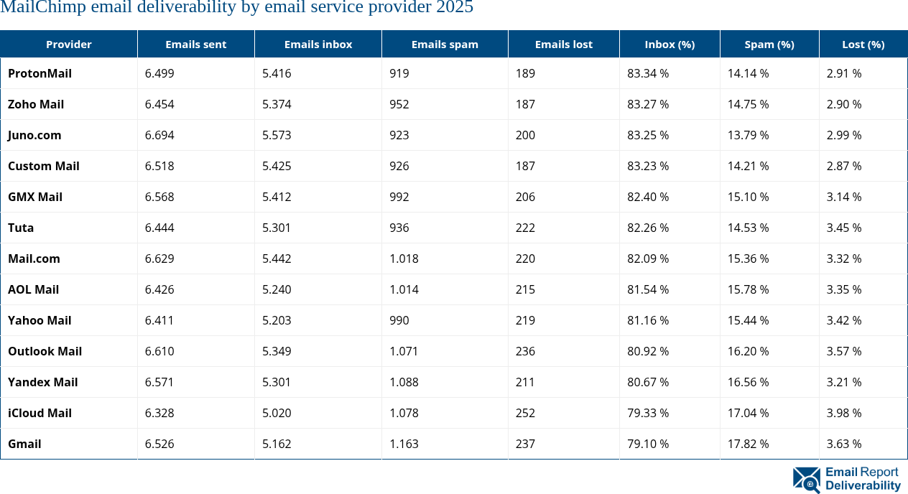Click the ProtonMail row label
click(x=40, y=73)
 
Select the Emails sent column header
click(x=195, y=45)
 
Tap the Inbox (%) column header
click(x=669, y=45)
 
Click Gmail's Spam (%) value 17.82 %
click(x=748, y=444)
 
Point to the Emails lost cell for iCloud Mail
click(x=525, y=413)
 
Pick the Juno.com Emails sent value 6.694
click(x=159, y=135)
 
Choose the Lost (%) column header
click(x=863, y=45)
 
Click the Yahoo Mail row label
click(x=40, y=320)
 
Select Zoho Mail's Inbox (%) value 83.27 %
click(x=648, y=104)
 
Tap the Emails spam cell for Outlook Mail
click(x=404, y=351)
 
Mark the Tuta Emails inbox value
click(x=277, y=228)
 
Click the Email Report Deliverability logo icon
click(x=806, y=480)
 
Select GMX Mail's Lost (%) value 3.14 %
click(x=843, y=197)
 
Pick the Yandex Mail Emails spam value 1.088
click(x=404, y=382)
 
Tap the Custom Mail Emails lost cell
click(x=525, y=166)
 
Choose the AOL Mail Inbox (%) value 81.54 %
click(x=648, y=289)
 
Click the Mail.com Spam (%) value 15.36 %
click(x=748, y=258)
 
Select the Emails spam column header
click(x=444, y=45)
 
